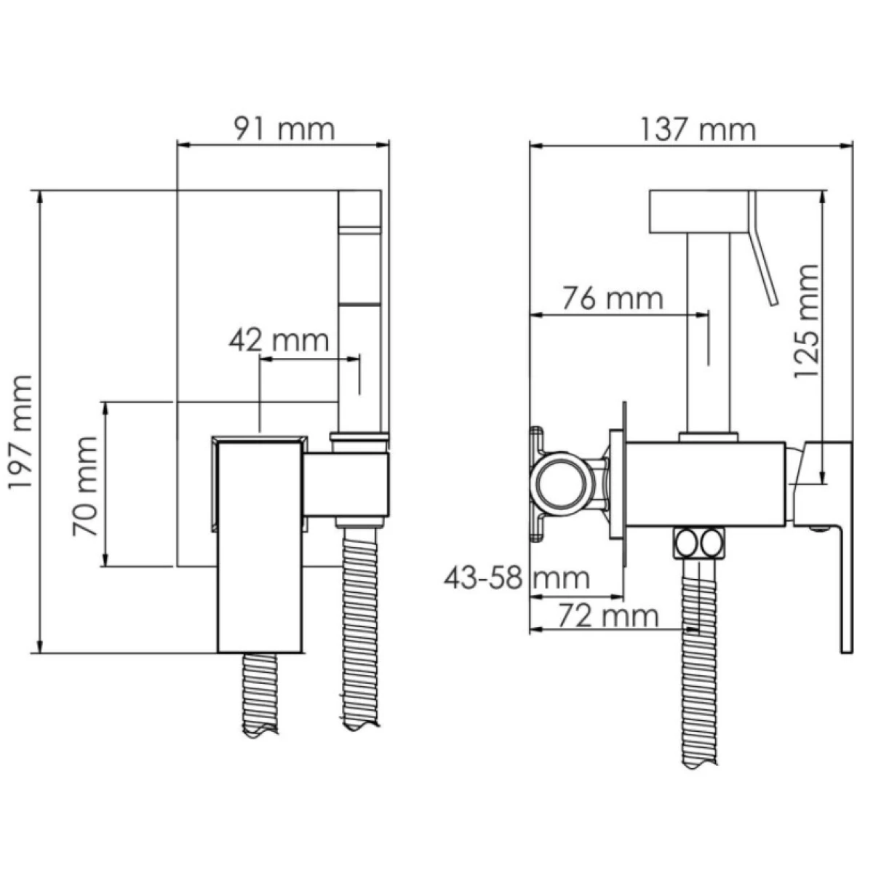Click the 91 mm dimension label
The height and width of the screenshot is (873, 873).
pos(284,129)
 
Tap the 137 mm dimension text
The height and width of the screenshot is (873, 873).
pos(698,130)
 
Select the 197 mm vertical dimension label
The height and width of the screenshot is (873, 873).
pos(21,431)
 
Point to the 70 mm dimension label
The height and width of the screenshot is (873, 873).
pos(84,486)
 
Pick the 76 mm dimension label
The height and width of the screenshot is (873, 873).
pos(613,298)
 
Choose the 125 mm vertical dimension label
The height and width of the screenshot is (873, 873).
pos(806,321)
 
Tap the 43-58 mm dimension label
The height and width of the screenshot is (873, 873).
pos(517,578)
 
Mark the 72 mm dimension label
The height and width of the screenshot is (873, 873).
pos(608,615)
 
